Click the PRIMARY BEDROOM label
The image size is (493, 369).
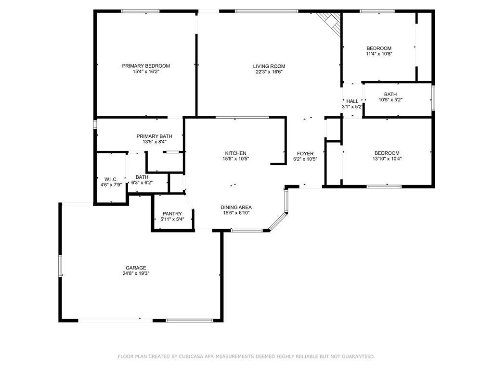146,66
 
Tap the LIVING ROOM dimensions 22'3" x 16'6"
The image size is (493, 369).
269,72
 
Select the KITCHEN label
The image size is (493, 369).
236,153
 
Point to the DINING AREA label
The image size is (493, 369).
236,207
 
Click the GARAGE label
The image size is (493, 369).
136,268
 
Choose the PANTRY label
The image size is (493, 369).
172,214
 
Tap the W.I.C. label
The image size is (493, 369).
111,179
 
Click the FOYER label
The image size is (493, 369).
305,153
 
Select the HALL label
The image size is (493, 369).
352,101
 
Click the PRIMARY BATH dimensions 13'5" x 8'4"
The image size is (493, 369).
155,142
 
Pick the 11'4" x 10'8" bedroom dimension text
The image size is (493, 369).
379,54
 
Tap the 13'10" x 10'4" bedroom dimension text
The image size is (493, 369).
387,159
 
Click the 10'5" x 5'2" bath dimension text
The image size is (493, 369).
390,100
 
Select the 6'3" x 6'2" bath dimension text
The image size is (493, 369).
142,183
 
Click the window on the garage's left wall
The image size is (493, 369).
60,266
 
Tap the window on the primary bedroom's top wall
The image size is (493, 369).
141,12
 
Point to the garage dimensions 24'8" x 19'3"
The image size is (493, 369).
136,273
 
